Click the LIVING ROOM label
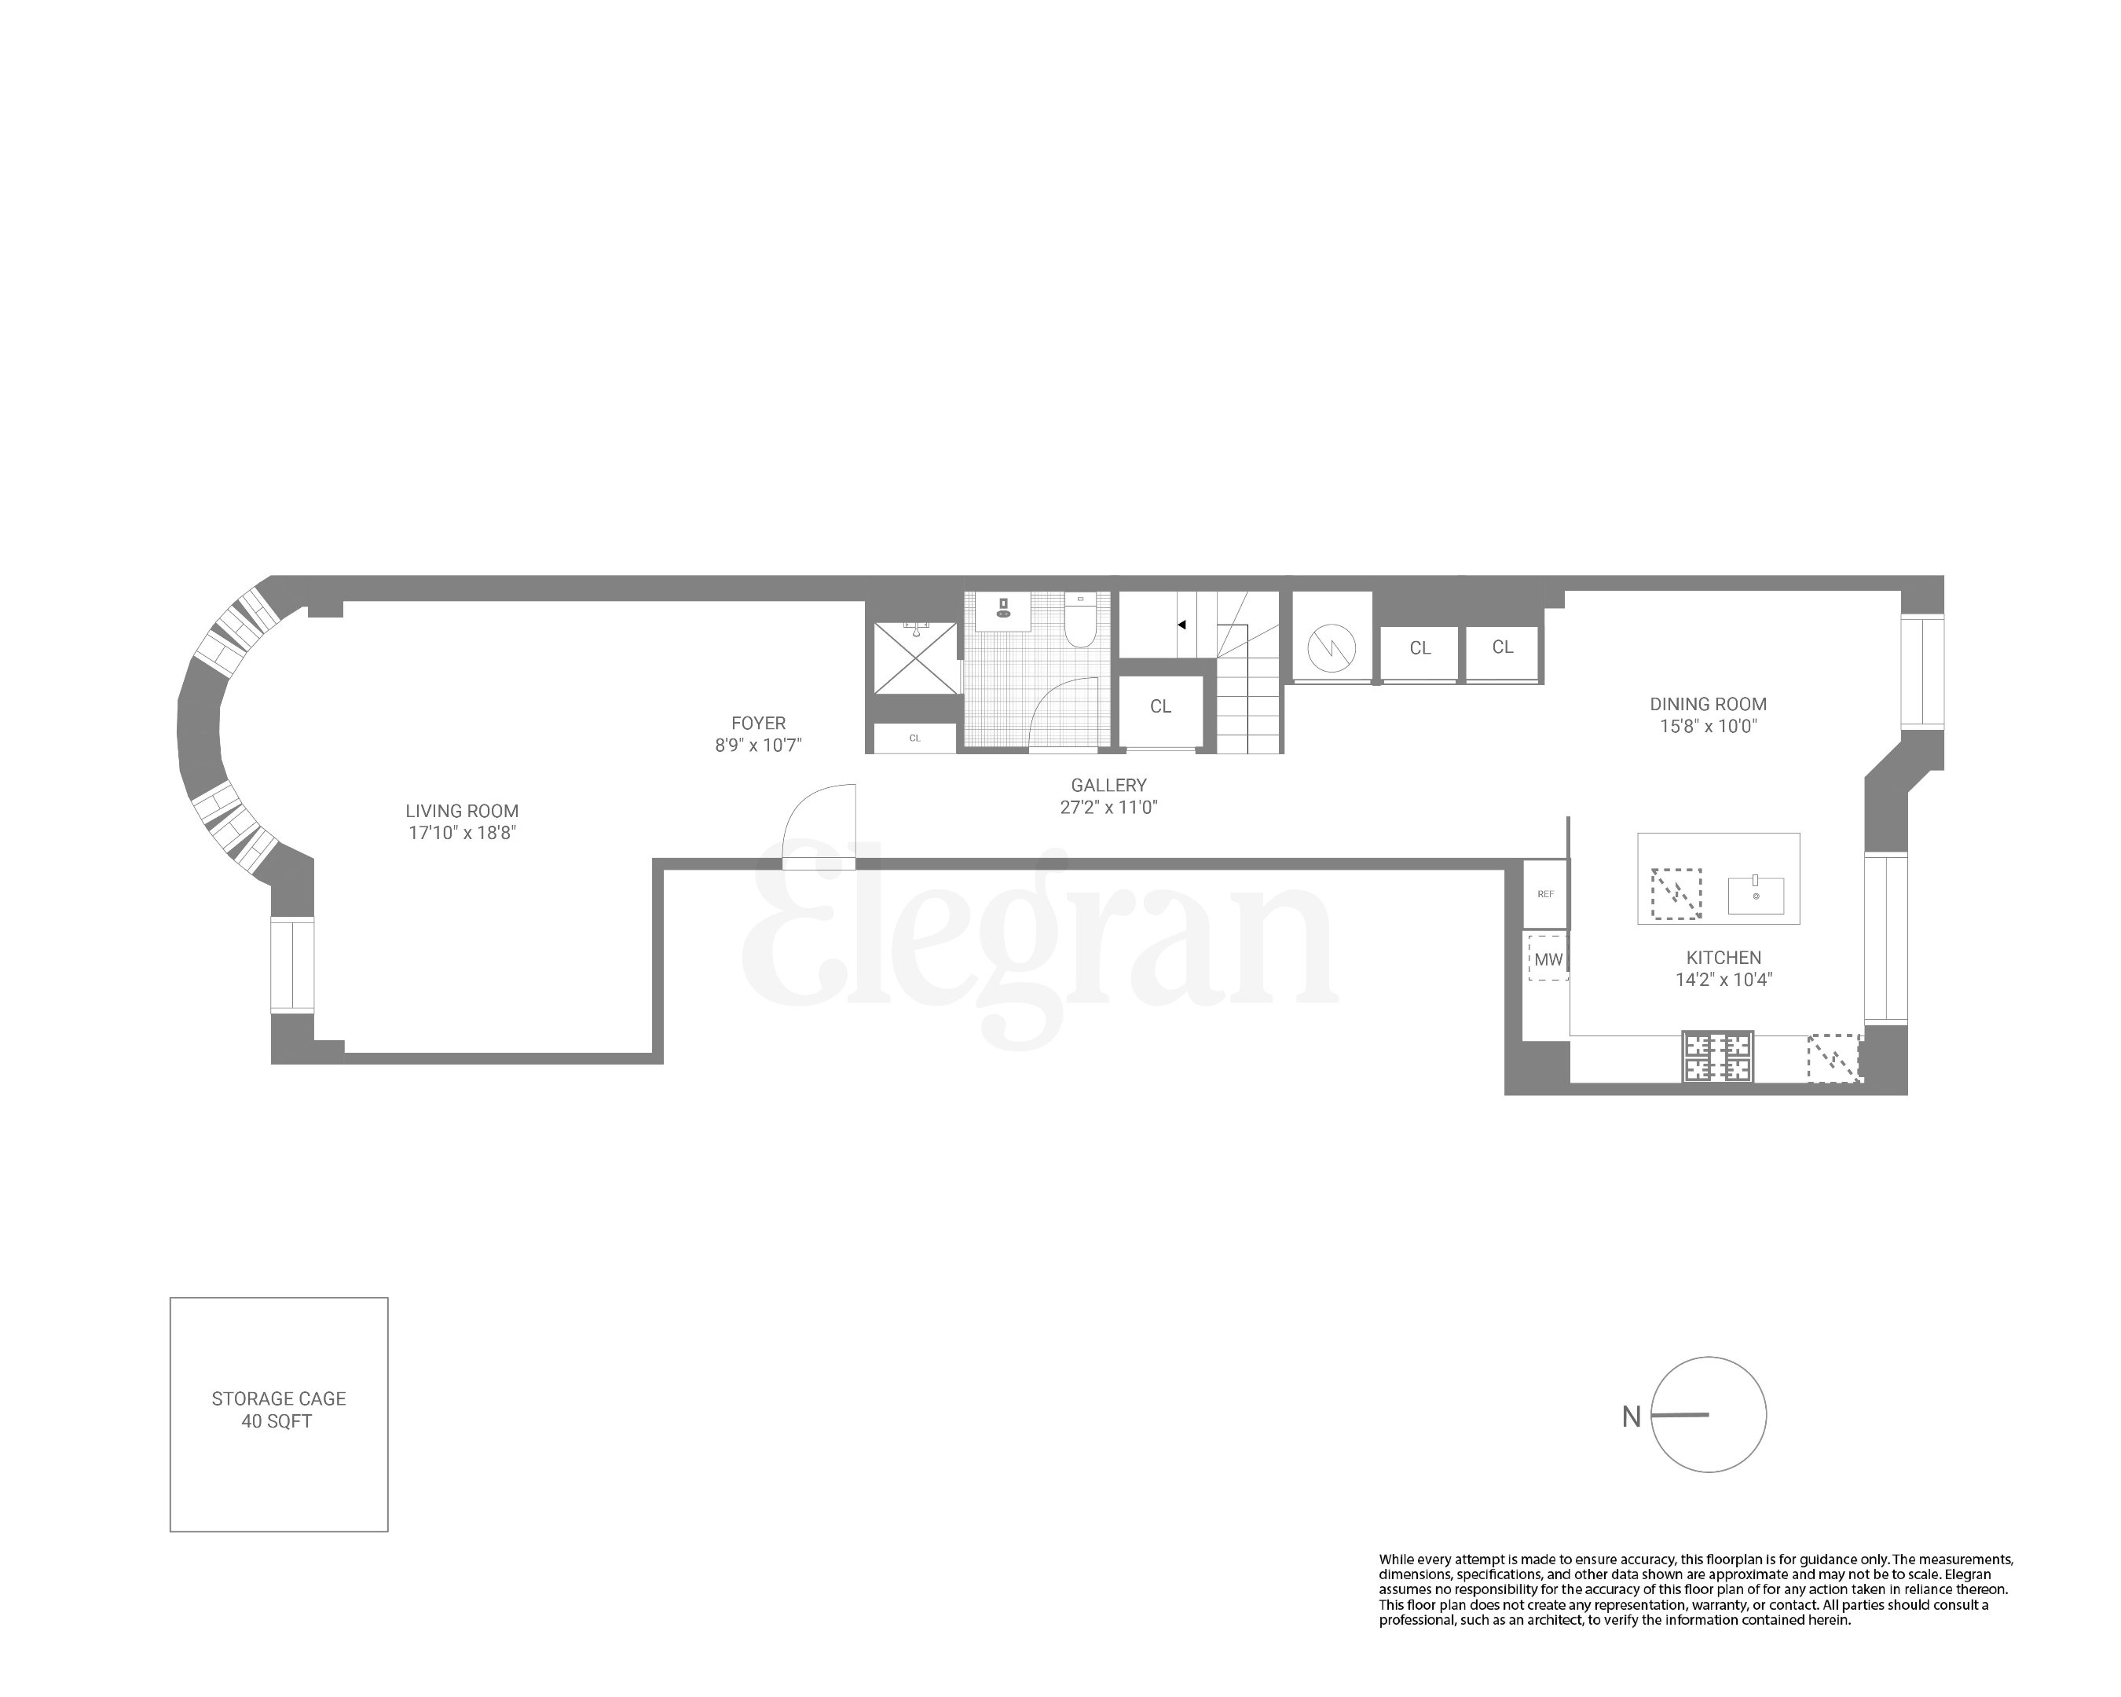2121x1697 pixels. click(x=461, y=812)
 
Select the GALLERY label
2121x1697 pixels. click(x=1108, y=785)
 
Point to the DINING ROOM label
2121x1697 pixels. click(x=1708, y=705)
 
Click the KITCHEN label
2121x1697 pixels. click(x=1724, y=957)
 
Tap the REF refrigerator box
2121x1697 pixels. click(x=1545, y=894)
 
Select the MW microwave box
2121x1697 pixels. click(x=1548, y=959)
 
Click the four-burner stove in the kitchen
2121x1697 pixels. click(x=1718, y=1057)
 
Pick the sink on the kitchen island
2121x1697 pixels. click(x=1756, y=895)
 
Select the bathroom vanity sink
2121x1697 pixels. click(x=1002, y=610)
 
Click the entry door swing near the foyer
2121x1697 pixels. click(x=819, y=827)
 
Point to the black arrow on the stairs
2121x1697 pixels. click(x=1181, y=625)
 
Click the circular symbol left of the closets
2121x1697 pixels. click(x=1331, y=647)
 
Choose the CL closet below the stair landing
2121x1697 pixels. click(x=1161, y=706)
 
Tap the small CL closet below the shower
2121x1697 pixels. click(x=915, y=738)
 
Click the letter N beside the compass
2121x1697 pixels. click(x=1631, y=1417)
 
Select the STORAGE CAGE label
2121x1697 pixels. click(x=278, y=1398)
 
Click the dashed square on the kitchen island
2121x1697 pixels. click(x=1676, y=893)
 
